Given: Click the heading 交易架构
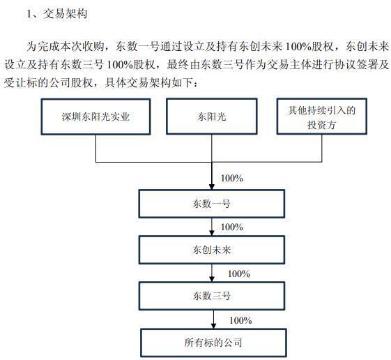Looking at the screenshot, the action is click(66, 13).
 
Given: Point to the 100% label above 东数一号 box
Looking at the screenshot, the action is click(232, 178).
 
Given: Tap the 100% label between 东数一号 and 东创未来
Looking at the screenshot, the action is click(232, 227).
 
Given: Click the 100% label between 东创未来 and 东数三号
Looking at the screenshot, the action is click(239, 273).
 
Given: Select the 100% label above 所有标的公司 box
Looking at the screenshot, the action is click(240, 320).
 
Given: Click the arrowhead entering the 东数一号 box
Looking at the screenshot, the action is click(212, 187).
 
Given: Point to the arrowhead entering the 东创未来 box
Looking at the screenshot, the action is click(212, 233).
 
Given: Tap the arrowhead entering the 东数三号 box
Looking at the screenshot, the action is click(212, 279).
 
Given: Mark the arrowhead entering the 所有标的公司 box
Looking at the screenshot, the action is click(213, 326).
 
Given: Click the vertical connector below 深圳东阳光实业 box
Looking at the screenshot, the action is click(96, 149).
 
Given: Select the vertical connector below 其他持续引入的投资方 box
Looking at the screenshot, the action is click(322, 148).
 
